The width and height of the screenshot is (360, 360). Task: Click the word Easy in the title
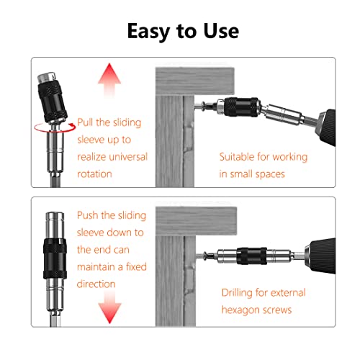click(x=147, y=31)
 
